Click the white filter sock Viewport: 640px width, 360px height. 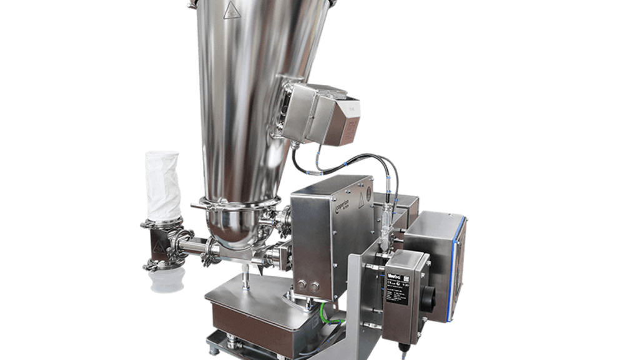163,184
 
